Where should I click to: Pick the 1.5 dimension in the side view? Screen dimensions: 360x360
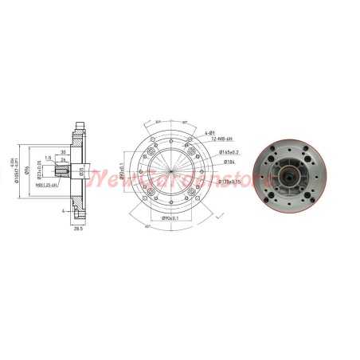point(49,157)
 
